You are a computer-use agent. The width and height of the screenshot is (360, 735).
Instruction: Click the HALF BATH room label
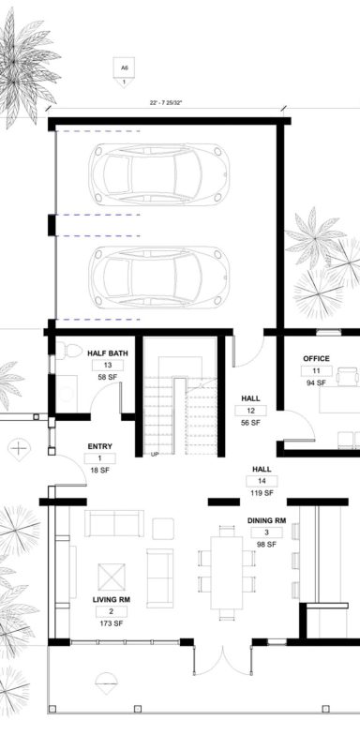[108, 353]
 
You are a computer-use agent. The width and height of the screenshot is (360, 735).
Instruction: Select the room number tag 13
[108, 366]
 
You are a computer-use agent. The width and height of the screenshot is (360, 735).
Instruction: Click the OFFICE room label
[316, 358]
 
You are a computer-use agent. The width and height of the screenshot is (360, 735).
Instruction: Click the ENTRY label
[99, 446]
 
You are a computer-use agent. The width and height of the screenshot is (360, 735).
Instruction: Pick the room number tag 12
[251, 411]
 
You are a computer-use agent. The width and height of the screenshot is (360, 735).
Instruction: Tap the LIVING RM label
[111, 600]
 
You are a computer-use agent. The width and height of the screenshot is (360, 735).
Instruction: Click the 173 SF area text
[111, 624]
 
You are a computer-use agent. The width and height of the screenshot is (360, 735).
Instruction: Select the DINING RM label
[266, 520]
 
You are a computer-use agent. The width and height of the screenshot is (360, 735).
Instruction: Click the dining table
[227, 572]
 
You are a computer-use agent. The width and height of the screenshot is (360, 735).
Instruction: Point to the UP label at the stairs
[154, 454]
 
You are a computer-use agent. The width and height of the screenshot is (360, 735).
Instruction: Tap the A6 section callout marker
[124, 72]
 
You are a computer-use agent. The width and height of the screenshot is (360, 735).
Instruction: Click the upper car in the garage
[159, 174]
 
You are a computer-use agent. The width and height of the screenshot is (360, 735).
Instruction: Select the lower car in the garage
[159, 277]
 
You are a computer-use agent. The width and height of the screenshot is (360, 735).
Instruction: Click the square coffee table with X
[112, 577]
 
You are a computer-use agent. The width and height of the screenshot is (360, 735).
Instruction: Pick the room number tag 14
[262, 481]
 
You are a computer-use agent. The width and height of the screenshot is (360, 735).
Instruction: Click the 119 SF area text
[262, 493]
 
